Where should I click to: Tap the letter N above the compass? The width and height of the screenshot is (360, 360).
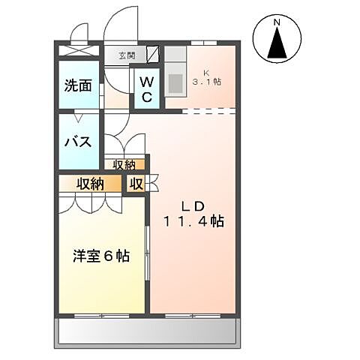[277, 22]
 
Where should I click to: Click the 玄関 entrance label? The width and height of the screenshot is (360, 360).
[126, 55]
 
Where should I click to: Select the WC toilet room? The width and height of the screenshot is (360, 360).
[147, 89]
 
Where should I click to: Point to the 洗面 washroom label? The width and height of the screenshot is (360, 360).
[77, 85]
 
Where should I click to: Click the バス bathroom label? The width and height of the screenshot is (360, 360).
[77, 142]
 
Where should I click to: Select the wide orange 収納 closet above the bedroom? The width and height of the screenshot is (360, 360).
[90, 184]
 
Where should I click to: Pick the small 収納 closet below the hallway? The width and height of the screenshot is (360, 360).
[124, 165]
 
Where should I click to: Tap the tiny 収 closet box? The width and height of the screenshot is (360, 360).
[136, 184]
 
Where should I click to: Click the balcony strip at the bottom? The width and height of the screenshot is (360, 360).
[148, 330]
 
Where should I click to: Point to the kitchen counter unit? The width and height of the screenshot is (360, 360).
[175, 75]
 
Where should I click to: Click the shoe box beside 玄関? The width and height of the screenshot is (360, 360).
[153, 54]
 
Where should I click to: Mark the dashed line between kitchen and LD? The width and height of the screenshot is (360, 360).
[209, 112]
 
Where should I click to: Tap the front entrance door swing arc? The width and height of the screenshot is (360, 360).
[120, 26]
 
